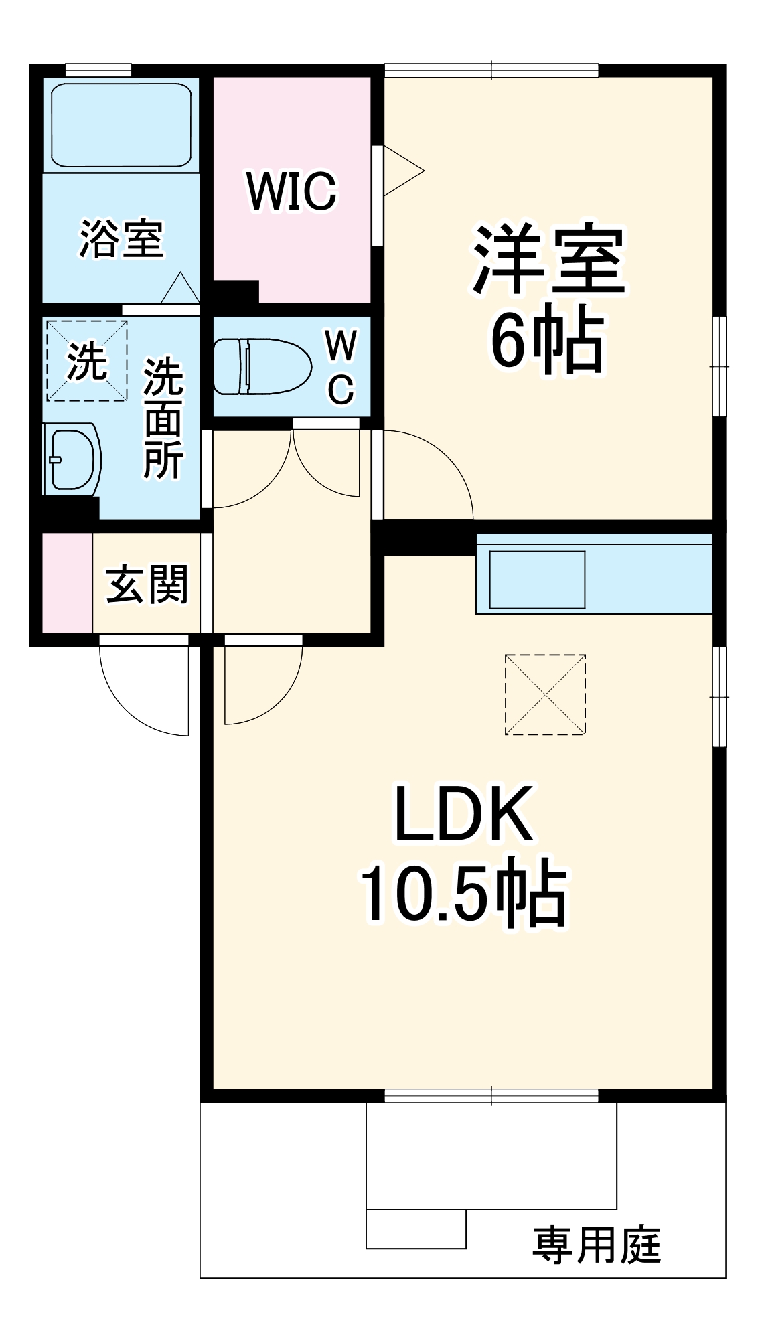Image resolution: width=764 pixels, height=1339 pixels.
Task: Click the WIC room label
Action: point(291,191)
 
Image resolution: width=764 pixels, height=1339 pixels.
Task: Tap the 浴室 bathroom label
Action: point(121,239)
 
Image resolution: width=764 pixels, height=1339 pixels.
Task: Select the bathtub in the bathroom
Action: point(121,125)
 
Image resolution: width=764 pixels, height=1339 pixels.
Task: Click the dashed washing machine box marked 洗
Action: point(86,361)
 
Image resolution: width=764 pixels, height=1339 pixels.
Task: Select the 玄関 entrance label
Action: point(147,584)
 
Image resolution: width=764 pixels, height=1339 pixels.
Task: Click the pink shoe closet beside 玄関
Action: point(67,582)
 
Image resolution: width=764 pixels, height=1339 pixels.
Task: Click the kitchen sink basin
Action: point(537,579)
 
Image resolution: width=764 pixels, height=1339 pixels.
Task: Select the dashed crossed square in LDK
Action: point(545,695)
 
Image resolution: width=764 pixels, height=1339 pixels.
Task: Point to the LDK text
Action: point(464,814)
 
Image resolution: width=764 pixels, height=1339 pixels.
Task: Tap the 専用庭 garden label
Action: point(597,1245)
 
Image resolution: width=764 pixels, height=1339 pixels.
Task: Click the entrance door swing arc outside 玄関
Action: point(144,696)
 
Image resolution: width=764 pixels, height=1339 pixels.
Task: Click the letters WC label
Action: point(341,368)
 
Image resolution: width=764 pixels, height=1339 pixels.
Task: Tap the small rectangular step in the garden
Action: point(416,1229)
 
